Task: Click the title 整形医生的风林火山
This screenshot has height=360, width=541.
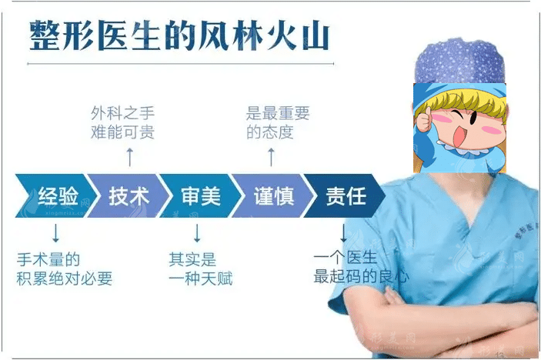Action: [179, 35]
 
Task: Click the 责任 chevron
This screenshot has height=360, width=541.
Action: [345, 196]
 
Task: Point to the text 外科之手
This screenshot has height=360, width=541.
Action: [122, 114]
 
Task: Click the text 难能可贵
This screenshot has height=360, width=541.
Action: [122, 132]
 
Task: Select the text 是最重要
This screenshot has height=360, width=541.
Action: [278, 114]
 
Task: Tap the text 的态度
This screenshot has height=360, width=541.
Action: [269, 132]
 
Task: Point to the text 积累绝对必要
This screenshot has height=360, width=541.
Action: [65, 278]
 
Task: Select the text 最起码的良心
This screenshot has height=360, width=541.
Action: [360, 276]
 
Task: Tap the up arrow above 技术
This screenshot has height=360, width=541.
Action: [129, 158]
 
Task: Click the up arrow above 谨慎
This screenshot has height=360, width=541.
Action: [270, 158]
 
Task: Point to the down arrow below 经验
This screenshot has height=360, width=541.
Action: [55, 232]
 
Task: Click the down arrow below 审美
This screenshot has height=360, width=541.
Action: [197, 232]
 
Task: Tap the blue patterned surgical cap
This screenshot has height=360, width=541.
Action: [459, 62]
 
